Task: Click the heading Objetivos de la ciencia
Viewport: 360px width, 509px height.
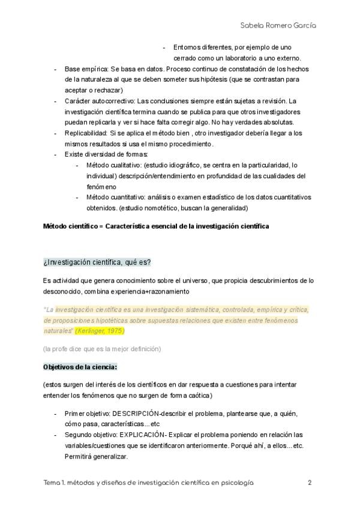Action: coord(80,366)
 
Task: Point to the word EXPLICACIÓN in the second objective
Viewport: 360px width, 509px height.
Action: coord(142,435)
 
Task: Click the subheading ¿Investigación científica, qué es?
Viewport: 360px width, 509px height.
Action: coord(97,262)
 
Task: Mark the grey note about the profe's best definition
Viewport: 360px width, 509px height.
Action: coord(101,349)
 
